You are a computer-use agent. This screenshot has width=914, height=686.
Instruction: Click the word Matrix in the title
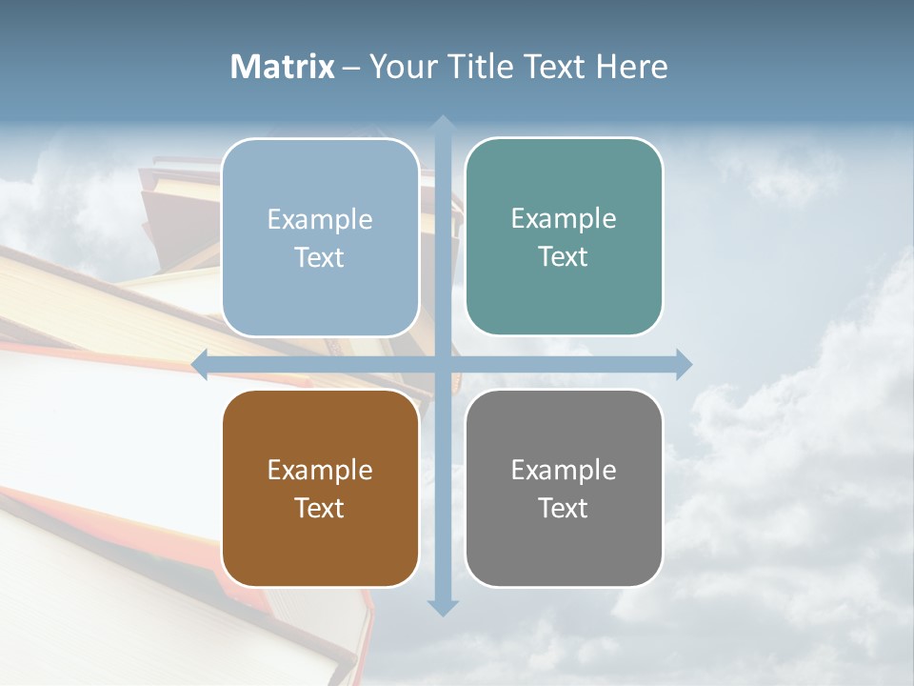[283, 67]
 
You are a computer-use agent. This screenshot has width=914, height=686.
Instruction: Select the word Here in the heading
[633, 67]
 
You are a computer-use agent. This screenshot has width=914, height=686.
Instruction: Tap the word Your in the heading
[403, 67]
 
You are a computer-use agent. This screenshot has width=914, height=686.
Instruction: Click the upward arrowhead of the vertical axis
[442, 124]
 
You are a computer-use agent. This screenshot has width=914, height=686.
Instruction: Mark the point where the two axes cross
[442, 364]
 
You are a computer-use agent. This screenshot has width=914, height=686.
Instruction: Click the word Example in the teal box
[564, 218]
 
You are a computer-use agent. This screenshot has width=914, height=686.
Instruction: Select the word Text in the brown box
[320, 508]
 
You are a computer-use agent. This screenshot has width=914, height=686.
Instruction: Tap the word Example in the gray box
[564, 470]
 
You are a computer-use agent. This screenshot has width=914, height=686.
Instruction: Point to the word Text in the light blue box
[320, 257]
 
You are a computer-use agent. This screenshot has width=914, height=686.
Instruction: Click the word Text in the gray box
[564, 508]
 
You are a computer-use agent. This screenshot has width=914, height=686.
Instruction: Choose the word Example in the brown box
[320, 470]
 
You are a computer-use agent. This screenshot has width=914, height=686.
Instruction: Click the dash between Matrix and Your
[351, 68]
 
